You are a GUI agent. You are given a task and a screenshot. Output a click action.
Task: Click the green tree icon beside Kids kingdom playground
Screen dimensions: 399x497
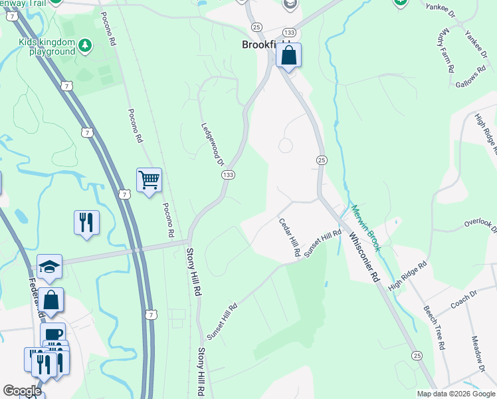pos(84,45)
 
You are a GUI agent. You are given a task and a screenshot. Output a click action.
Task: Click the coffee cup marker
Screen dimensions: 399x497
pos(52,334)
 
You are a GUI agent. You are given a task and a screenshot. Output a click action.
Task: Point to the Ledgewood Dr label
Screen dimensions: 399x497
pos(213,143)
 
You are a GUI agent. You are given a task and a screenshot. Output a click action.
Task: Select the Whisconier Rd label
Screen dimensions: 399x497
pos(364,259)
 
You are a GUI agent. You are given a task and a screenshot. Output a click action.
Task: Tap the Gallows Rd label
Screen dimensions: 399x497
pos(473,83)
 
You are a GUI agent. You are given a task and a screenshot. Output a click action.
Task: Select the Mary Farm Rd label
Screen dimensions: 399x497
pos(447,51)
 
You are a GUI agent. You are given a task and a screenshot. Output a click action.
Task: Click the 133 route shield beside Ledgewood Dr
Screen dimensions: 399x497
pos(227,174)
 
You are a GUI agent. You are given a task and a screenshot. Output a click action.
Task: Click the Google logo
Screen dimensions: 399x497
pos(22,391)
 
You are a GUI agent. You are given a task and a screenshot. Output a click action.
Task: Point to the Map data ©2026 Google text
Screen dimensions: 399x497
pos(455,394)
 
